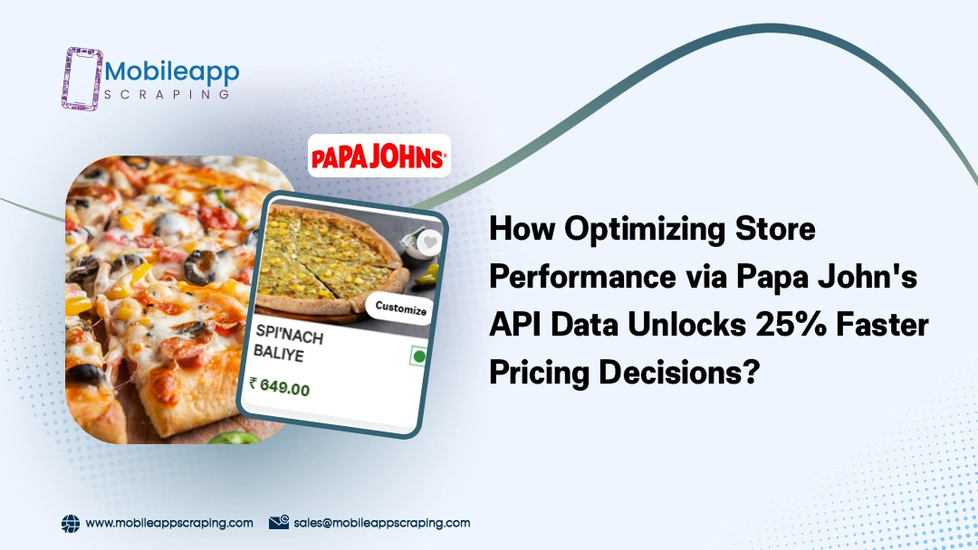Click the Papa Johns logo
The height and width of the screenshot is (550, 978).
click(x=379, y=156)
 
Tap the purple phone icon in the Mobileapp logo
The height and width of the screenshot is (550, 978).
click(x=81, y=79)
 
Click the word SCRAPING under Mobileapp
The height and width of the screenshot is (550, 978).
click(x=167, y=95)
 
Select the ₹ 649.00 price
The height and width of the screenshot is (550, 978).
click(x=280, y=386)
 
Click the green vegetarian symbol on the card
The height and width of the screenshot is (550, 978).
click(x=417, y=356)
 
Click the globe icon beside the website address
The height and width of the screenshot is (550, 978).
click(x=71, y=523)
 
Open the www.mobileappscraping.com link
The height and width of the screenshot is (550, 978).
click(x=169, y=523)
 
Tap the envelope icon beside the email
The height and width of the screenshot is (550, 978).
click(x=279, y=522)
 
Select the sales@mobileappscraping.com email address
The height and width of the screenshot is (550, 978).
click(x=382, y=523)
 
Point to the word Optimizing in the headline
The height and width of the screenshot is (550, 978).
click(x=645, y=229)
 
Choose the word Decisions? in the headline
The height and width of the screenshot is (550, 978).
click(x=679, y=373)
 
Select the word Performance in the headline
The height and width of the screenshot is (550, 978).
click(x=583, y=276)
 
